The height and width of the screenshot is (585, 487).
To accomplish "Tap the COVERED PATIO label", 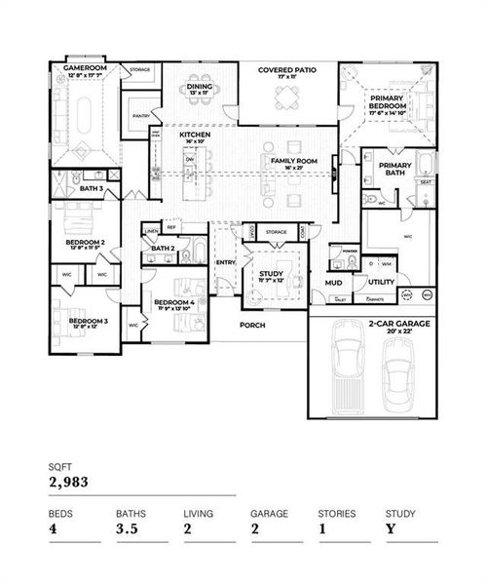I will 287,71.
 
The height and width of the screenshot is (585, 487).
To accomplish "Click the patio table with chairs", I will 287,97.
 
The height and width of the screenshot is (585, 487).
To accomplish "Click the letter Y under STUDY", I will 391,529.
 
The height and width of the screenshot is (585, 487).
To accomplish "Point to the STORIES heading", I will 336,512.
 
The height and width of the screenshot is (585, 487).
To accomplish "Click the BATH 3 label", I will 92,187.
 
